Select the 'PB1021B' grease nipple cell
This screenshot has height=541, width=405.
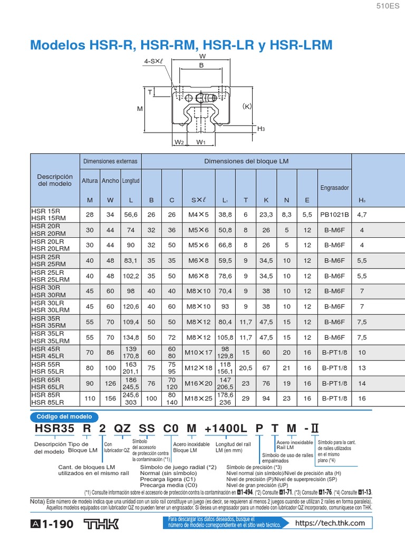coord(335,215)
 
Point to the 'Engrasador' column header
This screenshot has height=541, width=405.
coord(335,188)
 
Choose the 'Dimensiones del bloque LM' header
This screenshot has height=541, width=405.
coord(246,161)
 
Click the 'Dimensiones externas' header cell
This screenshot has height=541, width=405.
coord(110,161)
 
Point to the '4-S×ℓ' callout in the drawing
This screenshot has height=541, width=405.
coord(153,61)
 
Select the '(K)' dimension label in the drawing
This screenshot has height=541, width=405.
coord(247,106)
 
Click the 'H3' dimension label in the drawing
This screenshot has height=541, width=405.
coord(261,128)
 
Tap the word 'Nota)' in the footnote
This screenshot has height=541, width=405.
coord(38,501)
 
